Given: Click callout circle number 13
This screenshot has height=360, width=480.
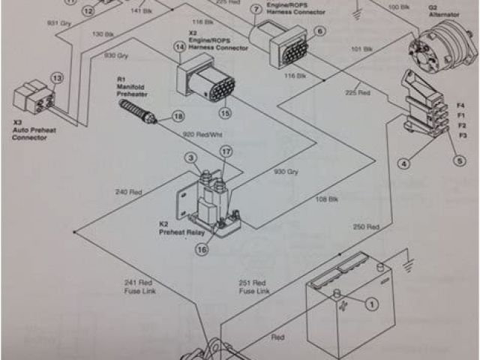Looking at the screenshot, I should [57, 78].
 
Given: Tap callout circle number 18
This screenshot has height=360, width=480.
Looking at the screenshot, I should [178, 116].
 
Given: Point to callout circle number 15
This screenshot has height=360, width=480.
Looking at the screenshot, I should [224, 113].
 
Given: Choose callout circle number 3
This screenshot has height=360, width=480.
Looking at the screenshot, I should [191, 157].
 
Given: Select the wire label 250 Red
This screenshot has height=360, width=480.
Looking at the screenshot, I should [365, 226].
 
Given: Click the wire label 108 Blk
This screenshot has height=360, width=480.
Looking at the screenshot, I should [326, 199].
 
